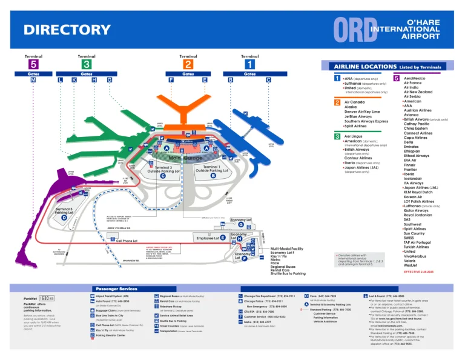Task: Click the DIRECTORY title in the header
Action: tap(67, 30)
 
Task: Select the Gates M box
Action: tap(33, 80)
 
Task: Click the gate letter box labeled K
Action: tap(74, 80)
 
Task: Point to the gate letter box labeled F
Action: tap(171, 80)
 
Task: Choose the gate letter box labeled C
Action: tap(268, 80)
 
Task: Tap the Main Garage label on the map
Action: tap(185, 158)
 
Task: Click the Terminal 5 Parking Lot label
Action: tap(64, 210)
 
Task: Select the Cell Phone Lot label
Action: tap(129, 241)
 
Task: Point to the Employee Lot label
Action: tap(208, 238)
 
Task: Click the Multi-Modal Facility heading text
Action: tap(287, 248)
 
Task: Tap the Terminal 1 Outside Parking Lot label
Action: tap(211, 169)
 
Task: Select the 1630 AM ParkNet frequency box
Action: tap(47, 298)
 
